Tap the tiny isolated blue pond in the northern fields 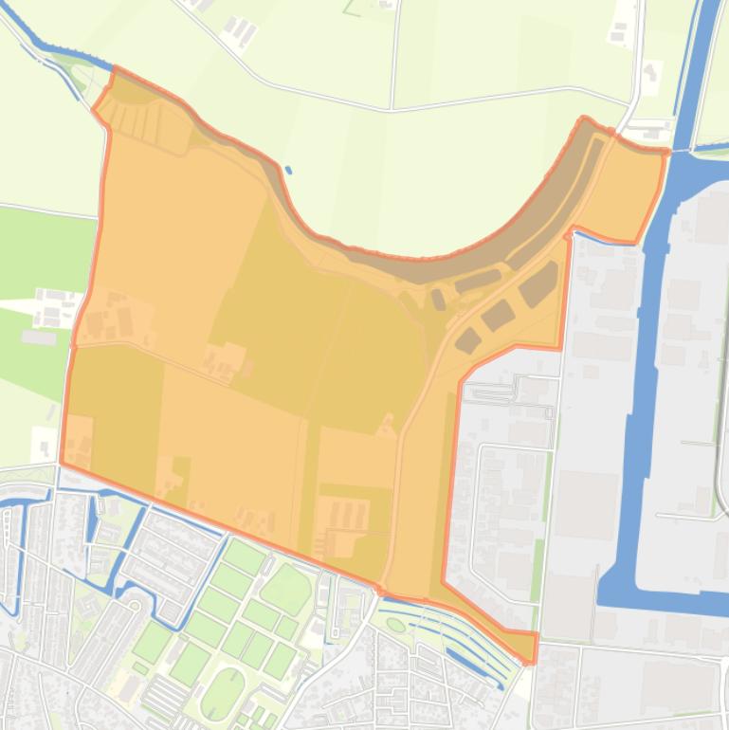click(x=288, y=171)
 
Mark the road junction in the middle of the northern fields click(x=391, y=109)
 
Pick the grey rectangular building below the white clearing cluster click(x=39, y=338)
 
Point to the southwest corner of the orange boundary click(x=62, y=463)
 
